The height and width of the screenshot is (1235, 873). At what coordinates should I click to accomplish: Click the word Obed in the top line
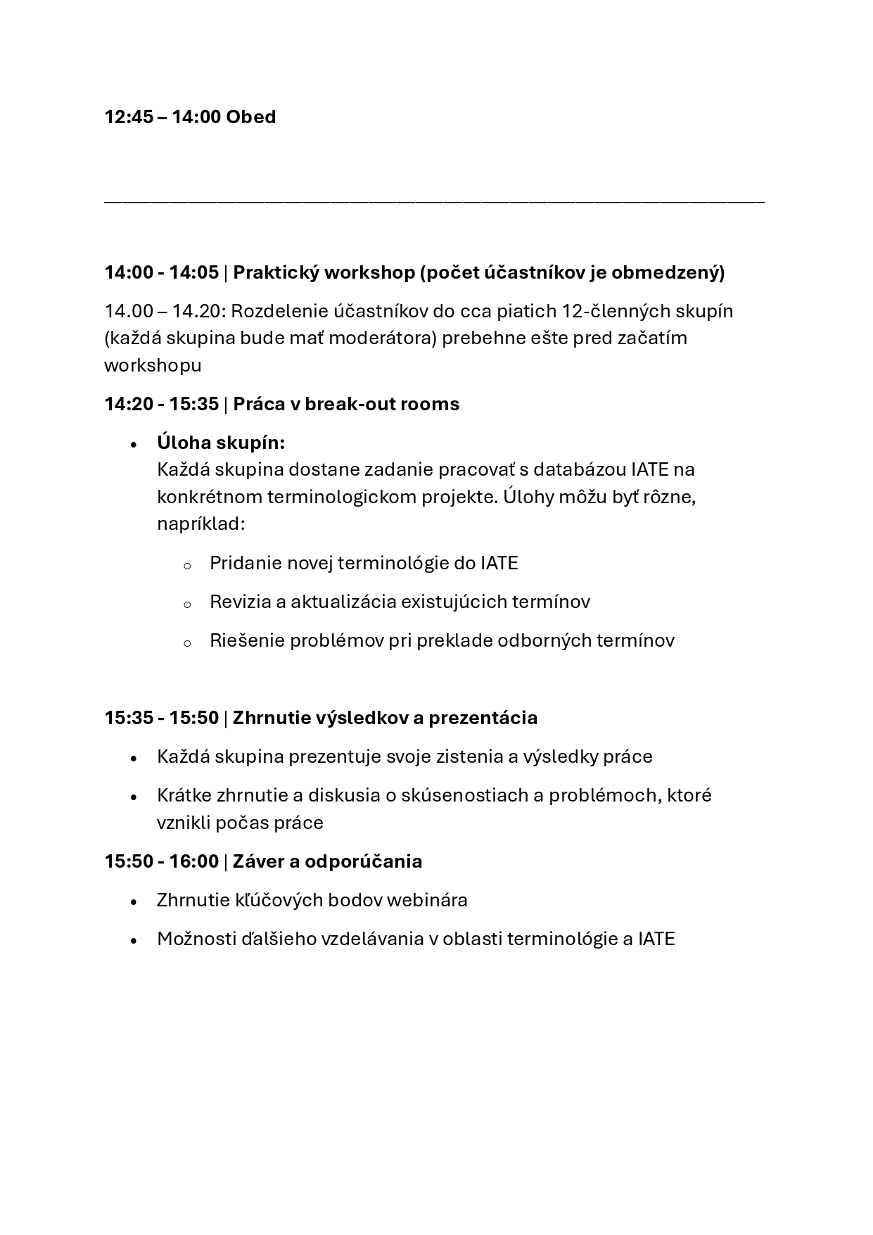[x=250, y=117]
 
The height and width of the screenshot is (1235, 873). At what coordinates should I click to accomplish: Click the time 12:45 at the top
[x=129, y=117]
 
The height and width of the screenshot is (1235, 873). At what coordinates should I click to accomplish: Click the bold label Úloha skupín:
[x=221, y=443]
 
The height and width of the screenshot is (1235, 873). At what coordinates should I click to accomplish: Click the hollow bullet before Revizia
[x=187, y=604]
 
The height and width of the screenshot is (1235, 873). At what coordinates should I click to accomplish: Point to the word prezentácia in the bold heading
[x=483, y=718]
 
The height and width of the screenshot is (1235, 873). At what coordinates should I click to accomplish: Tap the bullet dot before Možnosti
[x=134, y=940]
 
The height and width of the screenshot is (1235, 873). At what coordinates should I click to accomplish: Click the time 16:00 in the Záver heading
[x=193, y=861]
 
